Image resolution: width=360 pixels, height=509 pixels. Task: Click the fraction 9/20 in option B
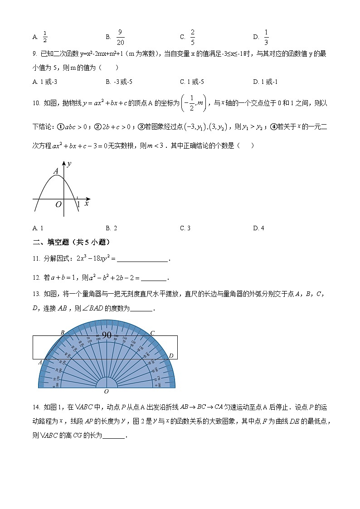coord(120,37)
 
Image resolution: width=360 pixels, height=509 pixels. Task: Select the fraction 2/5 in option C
coord(192,37)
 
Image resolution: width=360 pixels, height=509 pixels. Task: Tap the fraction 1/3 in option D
coord(266,37)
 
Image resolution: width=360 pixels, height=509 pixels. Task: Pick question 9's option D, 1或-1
coord(265,82)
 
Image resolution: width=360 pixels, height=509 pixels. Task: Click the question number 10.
coord(37,103)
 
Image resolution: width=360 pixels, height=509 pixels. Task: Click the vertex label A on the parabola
coord(56,171)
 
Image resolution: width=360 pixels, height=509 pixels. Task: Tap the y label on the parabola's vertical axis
coord(69,164)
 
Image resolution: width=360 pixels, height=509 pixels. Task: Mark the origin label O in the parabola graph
coord(58,205)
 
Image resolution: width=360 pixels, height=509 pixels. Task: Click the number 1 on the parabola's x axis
coord(78,205)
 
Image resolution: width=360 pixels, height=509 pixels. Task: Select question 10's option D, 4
coord(258,228)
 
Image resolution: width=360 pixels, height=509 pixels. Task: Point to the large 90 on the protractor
coord(107,335)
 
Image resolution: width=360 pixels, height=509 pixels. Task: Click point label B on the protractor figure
coord(63,333)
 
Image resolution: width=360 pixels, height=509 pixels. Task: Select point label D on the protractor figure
coord(171,356)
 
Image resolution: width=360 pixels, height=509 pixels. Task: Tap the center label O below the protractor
coord(107,392)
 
